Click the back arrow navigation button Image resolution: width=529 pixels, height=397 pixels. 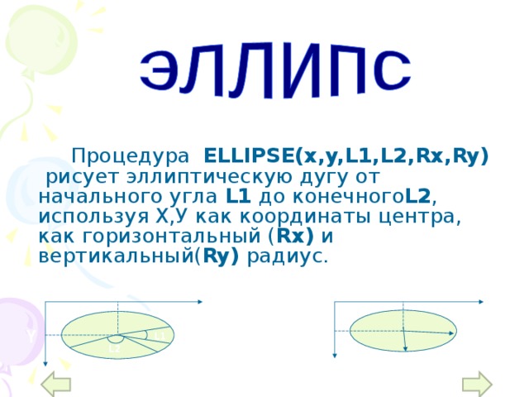(57, 384)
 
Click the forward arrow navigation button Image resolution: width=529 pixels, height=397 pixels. (477, 384)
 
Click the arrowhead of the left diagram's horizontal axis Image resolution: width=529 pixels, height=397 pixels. (201, 304)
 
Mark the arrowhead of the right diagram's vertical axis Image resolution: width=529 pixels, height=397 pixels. (334, 355)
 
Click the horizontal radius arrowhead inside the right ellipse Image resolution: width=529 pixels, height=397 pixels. (452, 332)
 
